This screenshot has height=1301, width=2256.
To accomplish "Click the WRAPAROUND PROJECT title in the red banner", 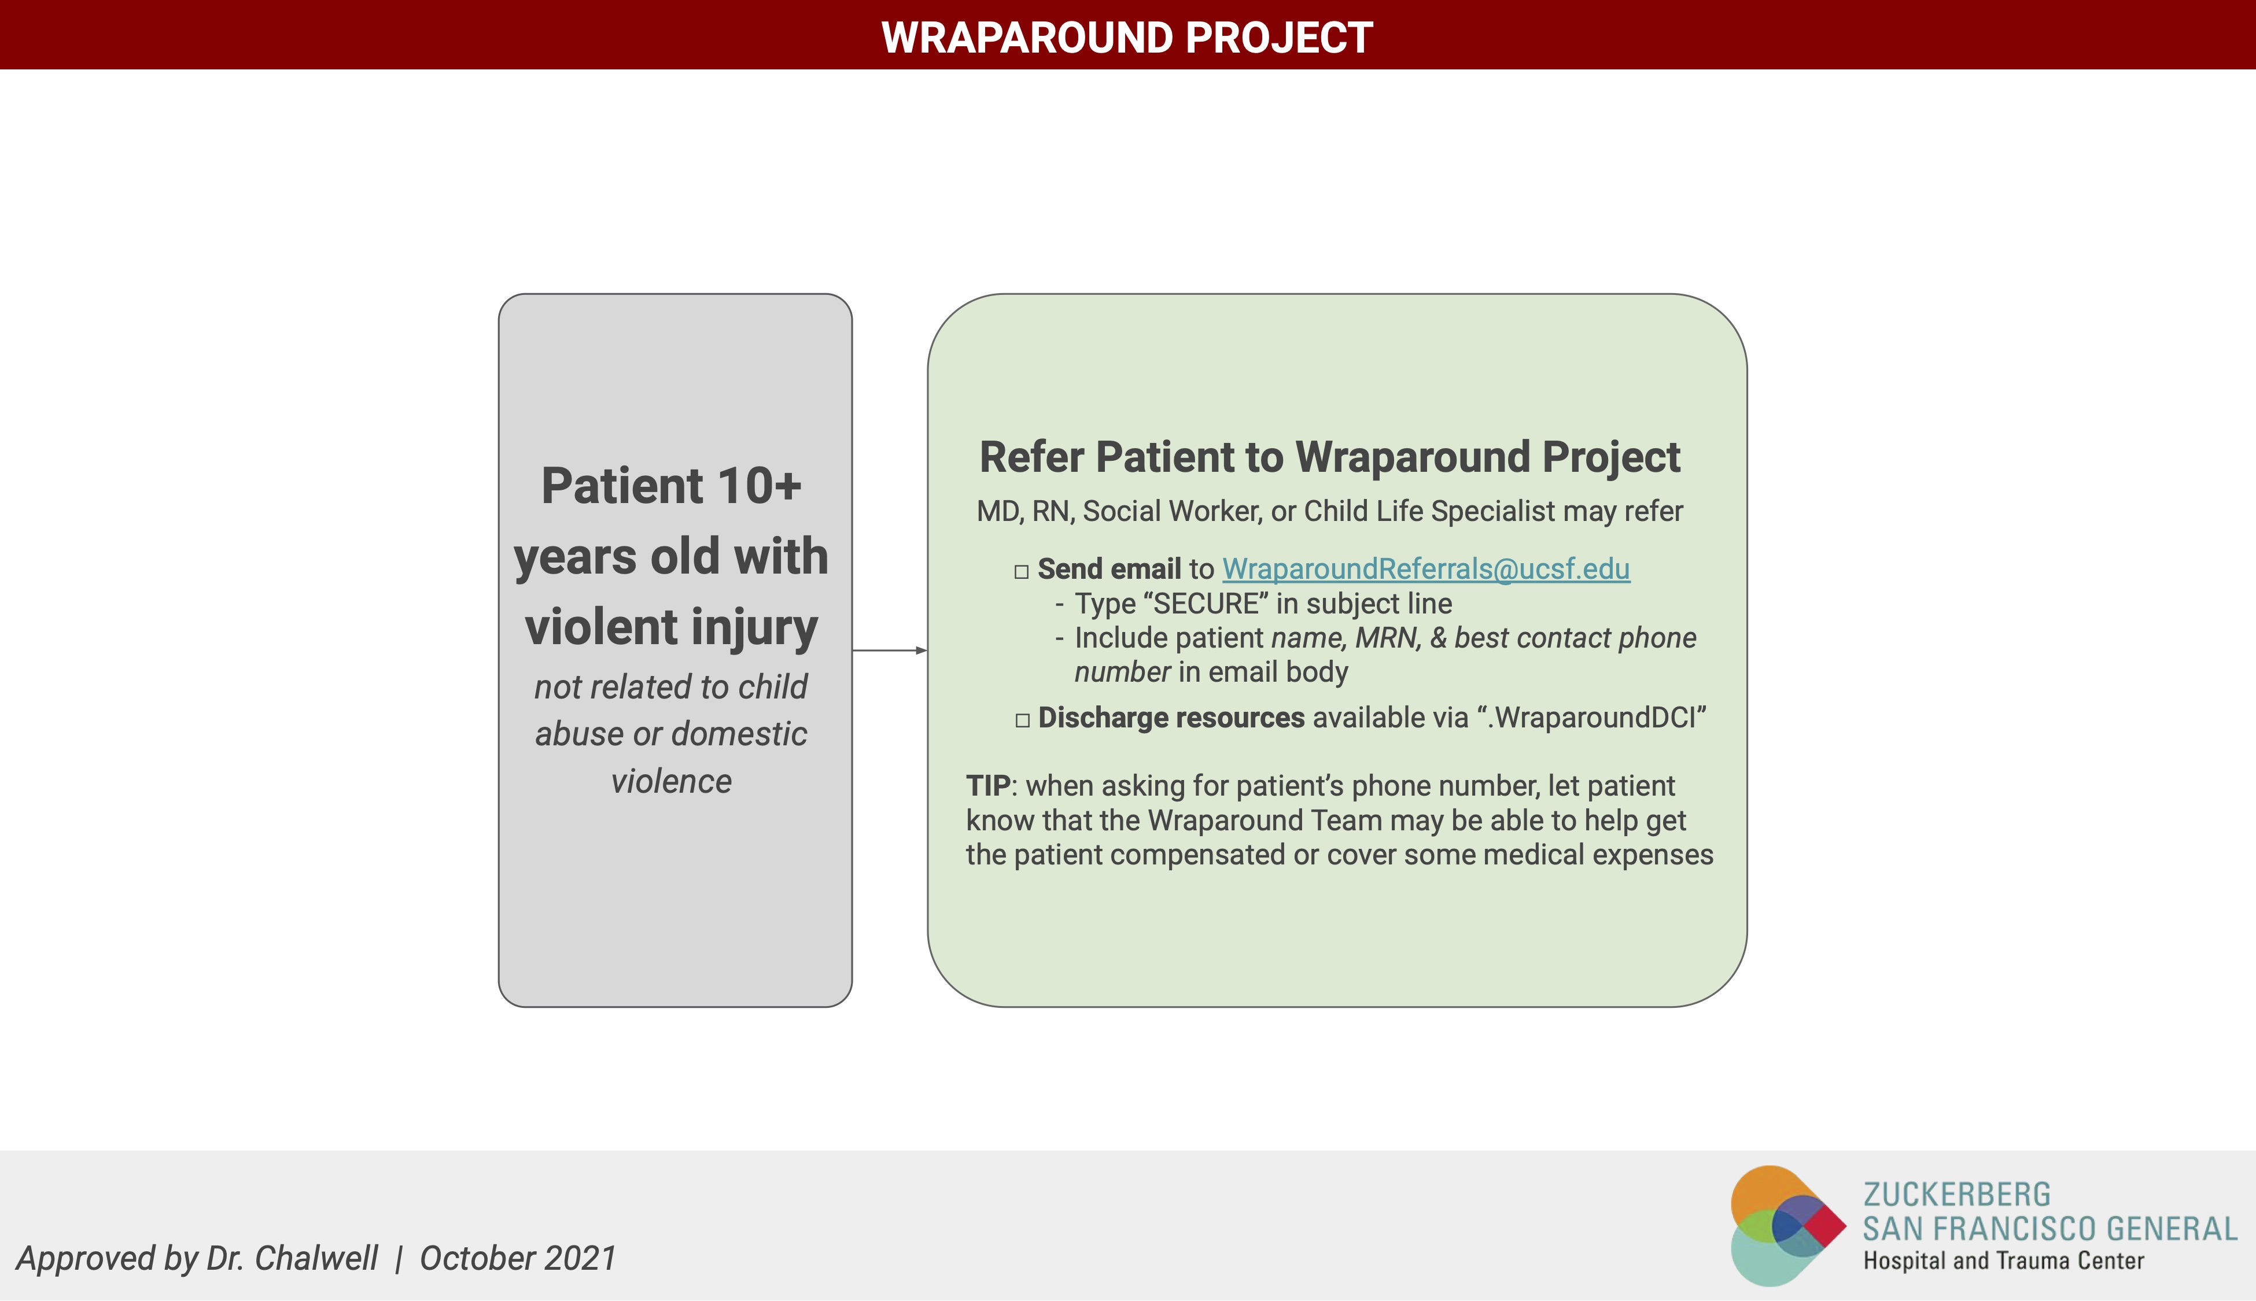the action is [x=1127, y=38].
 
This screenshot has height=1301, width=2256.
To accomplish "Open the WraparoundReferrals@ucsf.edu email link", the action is [x=1426, y=569].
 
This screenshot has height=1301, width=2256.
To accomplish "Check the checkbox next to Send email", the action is [x=1022, y=572].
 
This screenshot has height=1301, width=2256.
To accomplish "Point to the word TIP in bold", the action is [x=987, y=786].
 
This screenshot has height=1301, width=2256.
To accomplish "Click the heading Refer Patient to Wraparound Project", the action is [x=1330, y=457].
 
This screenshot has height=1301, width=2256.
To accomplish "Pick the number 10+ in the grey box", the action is [x=759, y=486].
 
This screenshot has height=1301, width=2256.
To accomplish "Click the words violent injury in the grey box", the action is [x=671, y=627].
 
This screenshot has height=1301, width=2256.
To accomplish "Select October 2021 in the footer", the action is [x=518, y=1258].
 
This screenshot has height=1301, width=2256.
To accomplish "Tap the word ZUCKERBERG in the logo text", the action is [x=1956, y=1195].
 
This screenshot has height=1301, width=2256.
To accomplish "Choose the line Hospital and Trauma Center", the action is [x=2003, y=1261].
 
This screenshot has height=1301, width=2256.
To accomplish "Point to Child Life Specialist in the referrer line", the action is [x=1429, y=511].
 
